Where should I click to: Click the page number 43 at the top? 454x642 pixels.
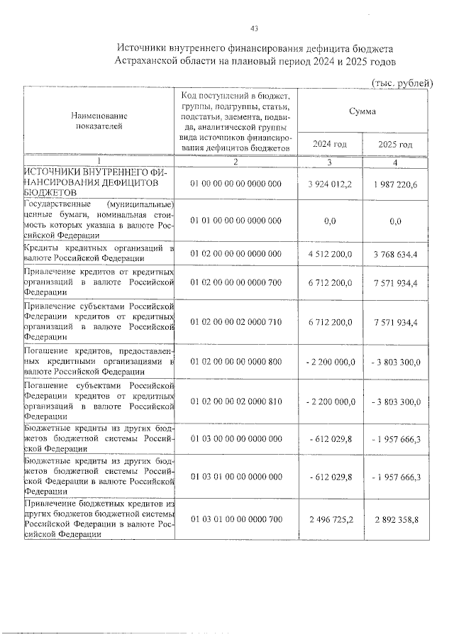pyautogui.click(x=254, y=28)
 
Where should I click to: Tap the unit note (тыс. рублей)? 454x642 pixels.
pyautogui.click(x=402, y=83)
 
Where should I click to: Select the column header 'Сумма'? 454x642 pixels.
pyautogui.click(x=362, y=111)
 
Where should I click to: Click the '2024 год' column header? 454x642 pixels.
pyautogui.click(x=330, y=144)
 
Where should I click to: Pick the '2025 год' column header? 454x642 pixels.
pyautogui.click(x=395, y=144)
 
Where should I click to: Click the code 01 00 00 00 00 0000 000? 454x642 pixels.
pyautogui.click(x=236, y=184)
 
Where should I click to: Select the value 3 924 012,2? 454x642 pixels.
pyautogui.click(x=330, y=184)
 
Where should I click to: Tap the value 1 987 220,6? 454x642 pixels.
pyautogui.click(x=395, y=184)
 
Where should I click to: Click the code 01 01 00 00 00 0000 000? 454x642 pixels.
pyautogui.click(x=236, y=221)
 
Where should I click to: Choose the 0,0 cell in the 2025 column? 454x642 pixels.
pyautogui.click(x=395, y=221)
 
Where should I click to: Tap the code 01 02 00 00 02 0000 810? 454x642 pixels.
pyautogui.click(x=236, y=402)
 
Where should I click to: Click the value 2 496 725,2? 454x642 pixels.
pyautogui.click(x=330, y=519)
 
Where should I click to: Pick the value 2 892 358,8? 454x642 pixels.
pyautogui.click(x=395, y=519)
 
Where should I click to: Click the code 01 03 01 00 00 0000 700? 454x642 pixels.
pyautogui.click(x=236, y=519)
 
